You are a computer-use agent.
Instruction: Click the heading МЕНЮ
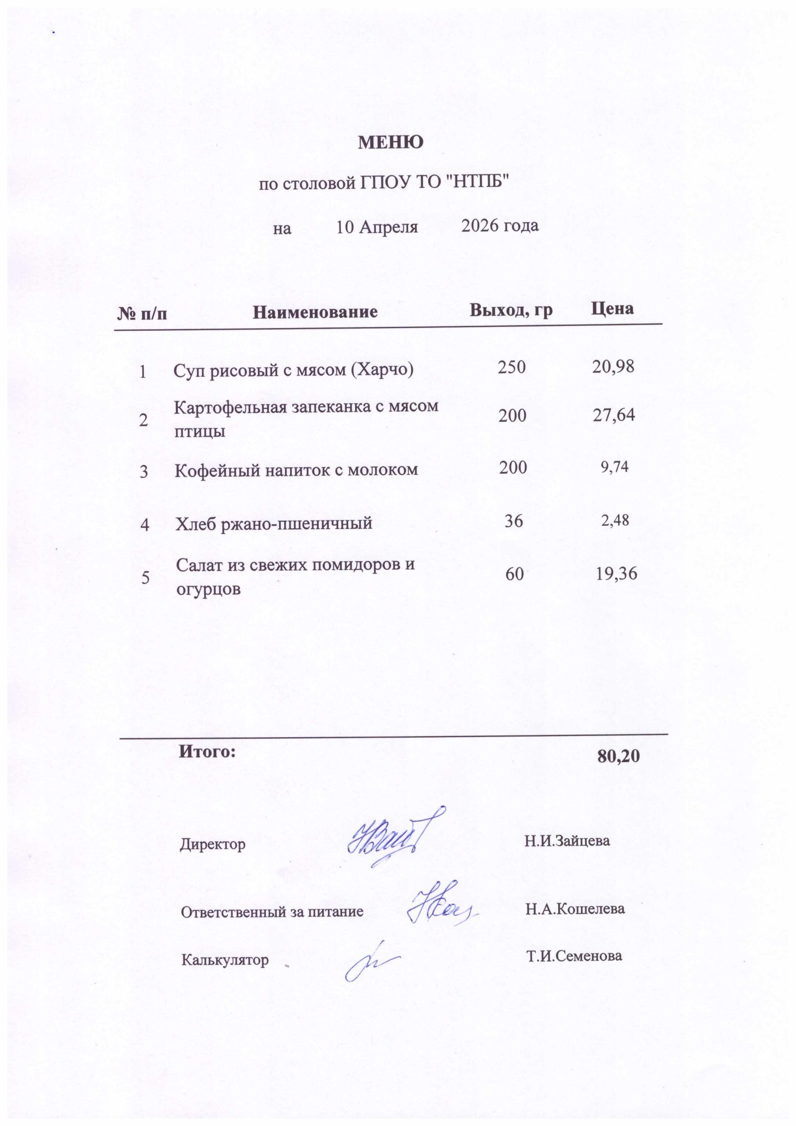click(x=391, y=142)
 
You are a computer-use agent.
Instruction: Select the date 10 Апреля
click(x=377, y=227)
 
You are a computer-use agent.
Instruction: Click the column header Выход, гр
click(x=511, y=310)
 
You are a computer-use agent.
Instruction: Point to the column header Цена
click(x=612, y=308)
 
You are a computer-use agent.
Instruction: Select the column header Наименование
click(x=315, y=312)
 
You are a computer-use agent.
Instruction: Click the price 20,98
click(x=613, y=366)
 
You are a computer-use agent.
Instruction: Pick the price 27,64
click(x=613, y=415)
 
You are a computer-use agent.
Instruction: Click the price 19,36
click(x=616, y=573)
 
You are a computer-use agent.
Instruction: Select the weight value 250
click(x=512, y=367)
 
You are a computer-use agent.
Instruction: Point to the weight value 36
click(x=514, y=520)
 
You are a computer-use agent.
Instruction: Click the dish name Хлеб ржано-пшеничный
click(x=274, y=523)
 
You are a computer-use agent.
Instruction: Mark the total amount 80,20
click(x=618, y=756)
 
